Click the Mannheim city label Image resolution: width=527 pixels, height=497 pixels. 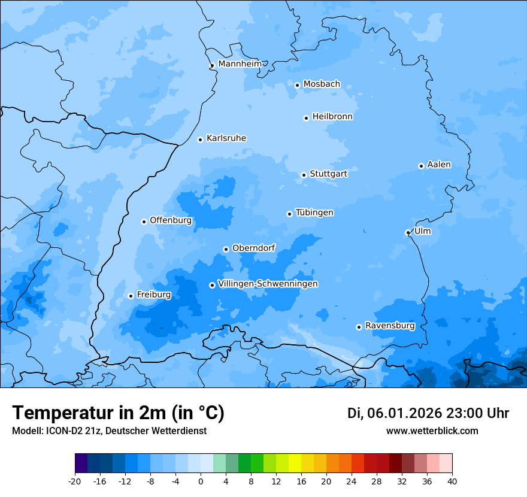tap(240, 64)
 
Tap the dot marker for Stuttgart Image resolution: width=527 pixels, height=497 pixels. tap(304, 175)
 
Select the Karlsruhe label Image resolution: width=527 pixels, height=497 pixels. tap(226, 138)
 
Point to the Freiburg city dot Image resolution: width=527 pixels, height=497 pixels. tap(131, 296)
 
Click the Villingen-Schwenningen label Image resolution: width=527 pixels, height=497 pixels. tap(268, 284)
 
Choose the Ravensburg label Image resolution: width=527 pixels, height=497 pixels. tap(389, 326)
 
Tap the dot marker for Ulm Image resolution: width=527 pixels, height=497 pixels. tap(408, 232)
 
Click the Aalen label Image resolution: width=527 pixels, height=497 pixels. tap(438, 165)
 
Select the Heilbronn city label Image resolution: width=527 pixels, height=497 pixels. tap(332, 117)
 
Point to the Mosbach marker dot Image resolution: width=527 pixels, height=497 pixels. tap(297, 85)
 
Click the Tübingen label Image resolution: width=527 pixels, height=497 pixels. tap(314, 213)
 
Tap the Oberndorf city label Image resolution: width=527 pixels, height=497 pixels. tap(253, 248)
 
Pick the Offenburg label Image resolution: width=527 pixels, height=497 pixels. tap(170, 220)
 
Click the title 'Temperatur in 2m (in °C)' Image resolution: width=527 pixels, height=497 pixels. tap(118, 413)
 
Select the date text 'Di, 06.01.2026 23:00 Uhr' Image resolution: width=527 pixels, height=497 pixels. tap(428, 413)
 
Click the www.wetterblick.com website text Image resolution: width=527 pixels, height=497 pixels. tap(432, 431)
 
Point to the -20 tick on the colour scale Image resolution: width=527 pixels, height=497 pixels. tap(75, 481)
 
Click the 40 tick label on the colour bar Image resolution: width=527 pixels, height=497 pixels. tap(452, 481)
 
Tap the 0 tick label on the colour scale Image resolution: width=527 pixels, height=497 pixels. tap(201, 481)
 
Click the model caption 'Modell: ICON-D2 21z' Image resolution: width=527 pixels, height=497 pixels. tap(57, 431)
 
